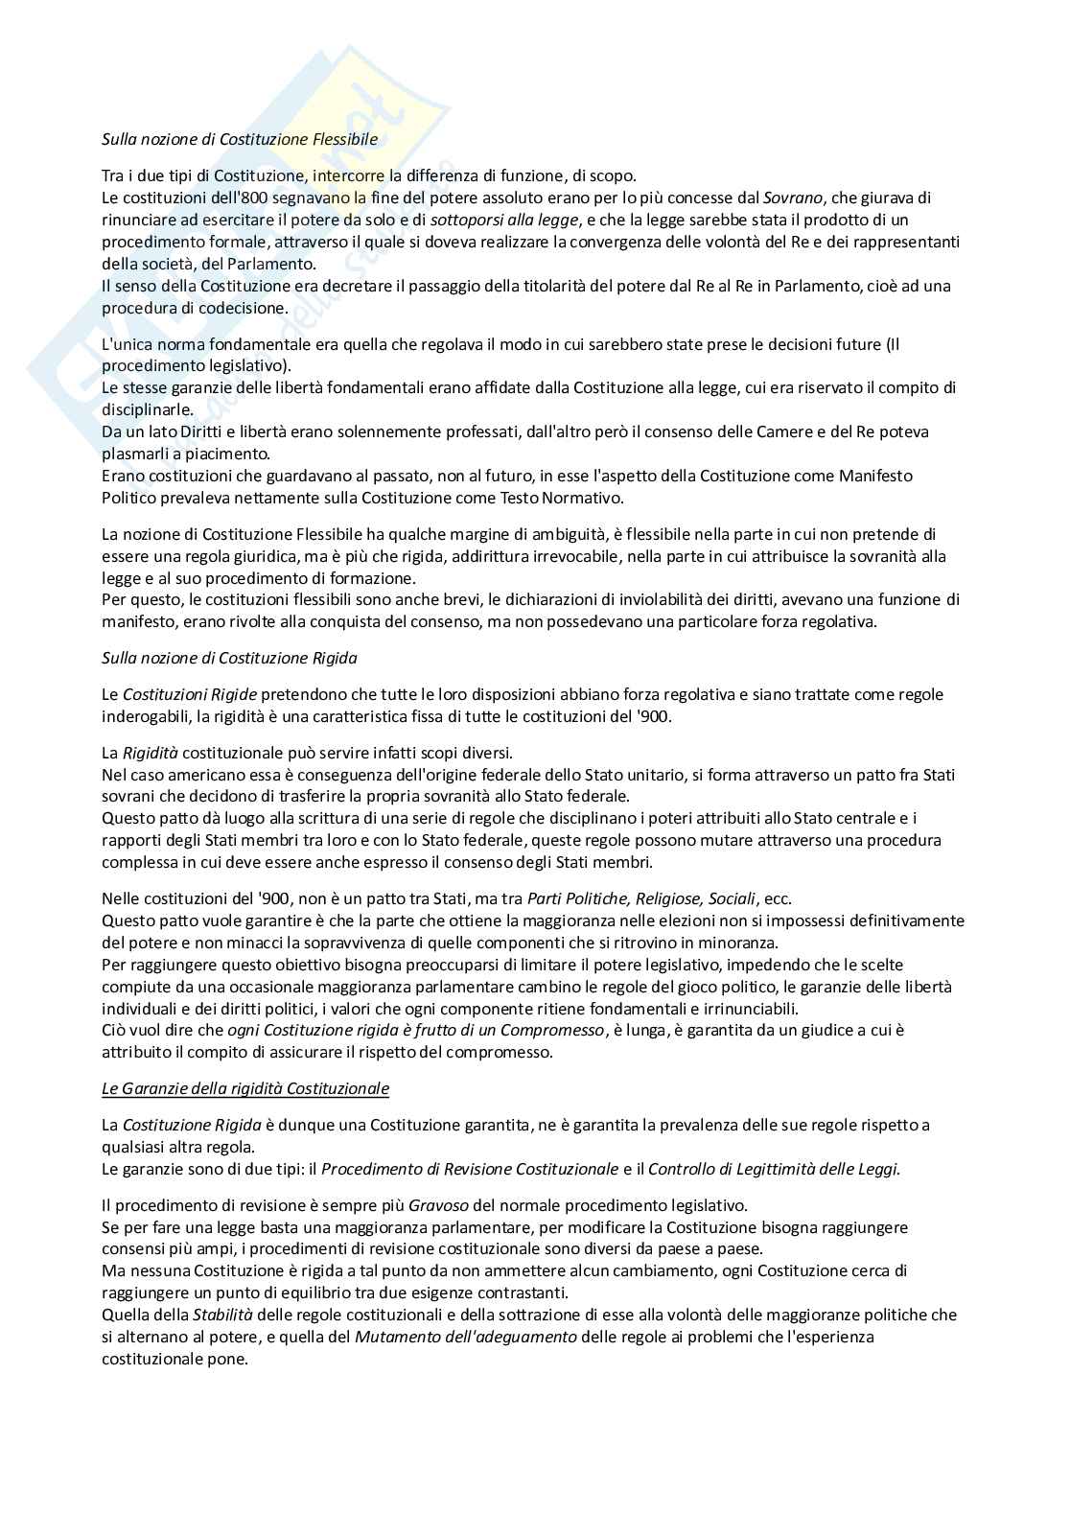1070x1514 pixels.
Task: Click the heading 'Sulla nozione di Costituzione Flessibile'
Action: (240, 139)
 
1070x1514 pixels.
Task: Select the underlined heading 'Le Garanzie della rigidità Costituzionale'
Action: (245, 1088)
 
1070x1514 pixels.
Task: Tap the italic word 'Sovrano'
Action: (793, 198)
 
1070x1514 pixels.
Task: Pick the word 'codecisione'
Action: (243, 308)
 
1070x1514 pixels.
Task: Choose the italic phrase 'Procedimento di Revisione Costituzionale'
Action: (470, 1169)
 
